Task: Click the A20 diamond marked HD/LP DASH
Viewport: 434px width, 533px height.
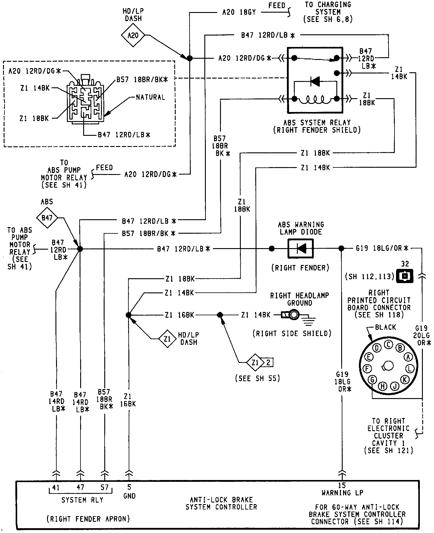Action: tap(133, 36)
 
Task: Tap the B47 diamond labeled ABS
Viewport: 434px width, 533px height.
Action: tap(47, 217)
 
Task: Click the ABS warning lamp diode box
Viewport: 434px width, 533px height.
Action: tap(300, 249)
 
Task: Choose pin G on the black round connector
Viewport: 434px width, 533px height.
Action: tap(373, 379)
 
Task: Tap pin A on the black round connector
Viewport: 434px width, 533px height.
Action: tap(408, 357)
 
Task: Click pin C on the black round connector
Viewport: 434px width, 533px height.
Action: tap(388, 344)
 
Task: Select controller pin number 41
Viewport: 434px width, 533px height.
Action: tap(56, 488)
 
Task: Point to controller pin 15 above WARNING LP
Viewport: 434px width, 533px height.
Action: tap(342, 485)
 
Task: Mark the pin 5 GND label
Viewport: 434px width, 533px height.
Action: tap(129, 491)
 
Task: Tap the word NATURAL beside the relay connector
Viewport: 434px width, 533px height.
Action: tap(150, 97)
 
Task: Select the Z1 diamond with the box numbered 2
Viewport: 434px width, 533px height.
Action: tap(255, 363)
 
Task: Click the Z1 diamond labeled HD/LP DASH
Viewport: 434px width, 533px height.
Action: tap(168, 339)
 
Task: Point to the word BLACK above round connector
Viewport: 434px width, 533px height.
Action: tap(385, 327)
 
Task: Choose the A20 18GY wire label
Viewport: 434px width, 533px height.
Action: tap(239, 12)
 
